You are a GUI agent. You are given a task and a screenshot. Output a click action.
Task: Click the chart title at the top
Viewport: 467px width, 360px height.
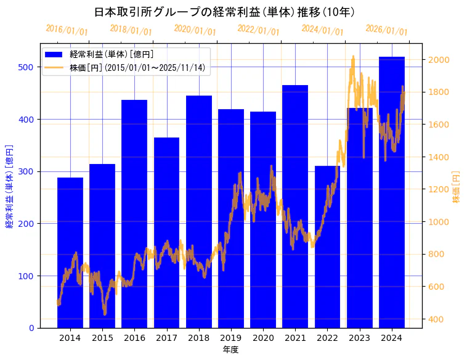tap(224, 12)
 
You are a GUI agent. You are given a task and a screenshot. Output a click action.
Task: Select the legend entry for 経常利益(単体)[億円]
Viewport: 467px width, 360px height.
tap(112, 55)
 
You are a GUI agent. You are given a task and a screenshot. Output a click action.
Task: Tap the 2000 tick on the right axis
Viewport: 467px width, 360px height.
tap(439, 60)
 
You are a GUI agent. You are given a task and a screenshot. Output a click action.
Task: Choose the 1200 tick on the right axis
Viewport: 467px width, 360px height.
tap(439, 189)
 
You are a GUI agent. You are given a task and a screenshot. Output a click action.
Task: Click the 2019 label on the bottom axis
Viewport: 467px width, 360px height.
tap(231, 338)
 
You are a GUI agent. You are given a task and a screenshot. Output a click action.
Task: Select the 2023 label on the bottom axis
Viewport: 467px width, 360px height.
tap(360, 338)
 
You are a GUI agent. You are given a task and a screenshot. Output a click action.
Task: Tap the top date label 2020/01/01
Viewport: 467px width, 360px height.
tap(195, 30)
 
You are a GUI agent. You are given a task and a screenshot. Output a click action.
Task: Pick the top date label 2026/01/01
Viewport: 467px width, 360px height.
tap(386, 30)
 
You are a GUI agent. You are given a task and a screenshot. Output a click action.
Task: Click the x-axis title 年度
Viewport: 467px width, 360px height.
tap(231, 350)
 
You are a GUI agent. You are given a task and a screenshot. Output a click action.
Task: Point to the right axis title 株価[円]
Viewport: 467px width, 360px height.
tap(457, 187)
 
